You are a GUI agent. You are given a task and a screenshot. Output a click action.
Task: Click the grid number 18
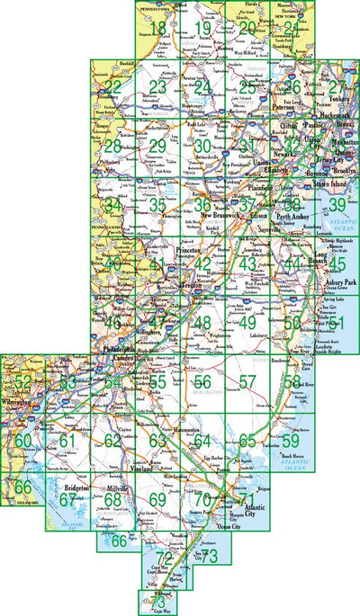tap(158, 30)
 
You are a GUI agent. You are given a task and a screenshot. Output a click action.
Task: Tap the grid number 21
tap(289, 30)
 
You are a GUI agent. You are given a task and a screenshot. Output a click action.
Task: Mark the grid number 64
tap(202, 441)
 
